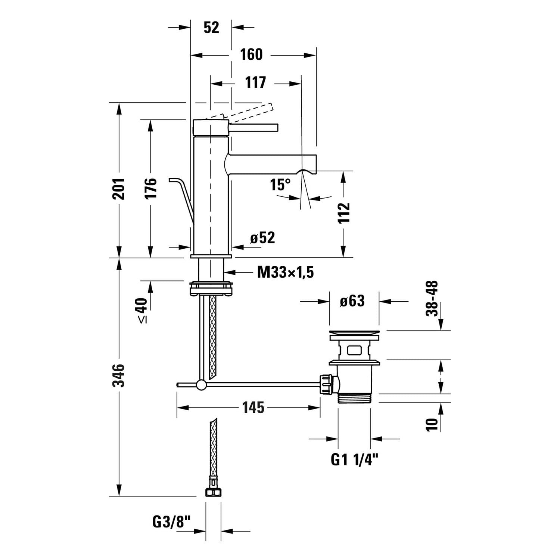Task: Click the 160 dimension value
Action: tap(251, 55)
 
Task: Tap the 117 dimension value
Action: tap(256, 83)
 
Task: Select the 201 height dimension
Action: tap(119, 189)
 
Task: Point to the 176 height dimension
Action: tap(151, 189)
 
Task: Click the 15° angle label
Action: tap(280, 184)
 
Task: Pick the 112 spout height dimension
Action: tap(344, 213)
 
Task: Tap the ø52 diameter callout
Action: tap(262, 238)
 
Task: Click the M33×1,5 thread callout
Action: tap(286, 273)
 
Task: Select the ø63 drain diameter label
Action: tap(352, 301)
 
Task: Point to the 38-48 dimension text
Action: tap(432, 299)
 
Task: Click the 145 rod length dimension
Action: tap(253, 407)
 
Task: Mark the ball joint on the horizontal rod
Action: tap(201, 385)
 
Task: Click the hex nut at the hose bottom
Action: tap(213, 492)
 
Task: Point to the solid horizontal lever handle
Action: tap(254, 128)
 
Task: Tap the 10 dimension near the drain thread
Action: tap(432, 424)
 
